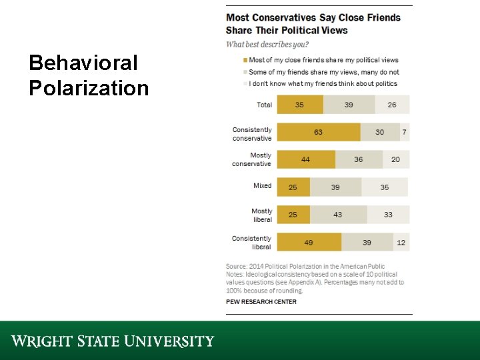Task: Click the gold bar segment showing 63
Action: click(318, 132)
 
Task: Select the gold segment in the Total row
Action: click(299, 105)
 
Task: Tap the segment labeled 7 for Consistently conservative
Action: click(404, 132)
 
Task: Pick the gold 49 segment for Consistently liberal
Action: click(309, 242)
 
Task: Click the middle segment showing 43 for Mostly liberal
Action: click(338, 215)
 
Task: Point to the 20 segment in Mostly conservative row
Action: click(396, 159)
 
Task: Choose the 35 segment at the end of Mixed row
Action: click(385, 187)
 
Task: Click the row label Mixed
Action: click(262, 186)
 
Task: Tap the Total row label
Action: click(264, 105)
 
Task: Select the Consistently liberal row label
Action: click(252, 243)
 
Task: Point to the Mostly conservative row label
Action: click(252, 159)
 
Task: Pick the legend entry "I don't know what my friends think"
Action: click(323, 84)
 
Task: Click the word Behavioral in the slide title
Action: click(83, 63)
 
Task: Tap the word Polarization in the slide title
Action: click(89, 88)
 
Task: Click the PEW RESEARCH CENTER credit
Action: click(261, 302)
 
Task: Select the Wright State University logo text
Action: click(113, 341)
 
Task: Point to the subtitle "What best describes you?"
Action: click(267, 45)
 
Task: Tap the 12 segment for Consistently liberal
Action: click(401, 242)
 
